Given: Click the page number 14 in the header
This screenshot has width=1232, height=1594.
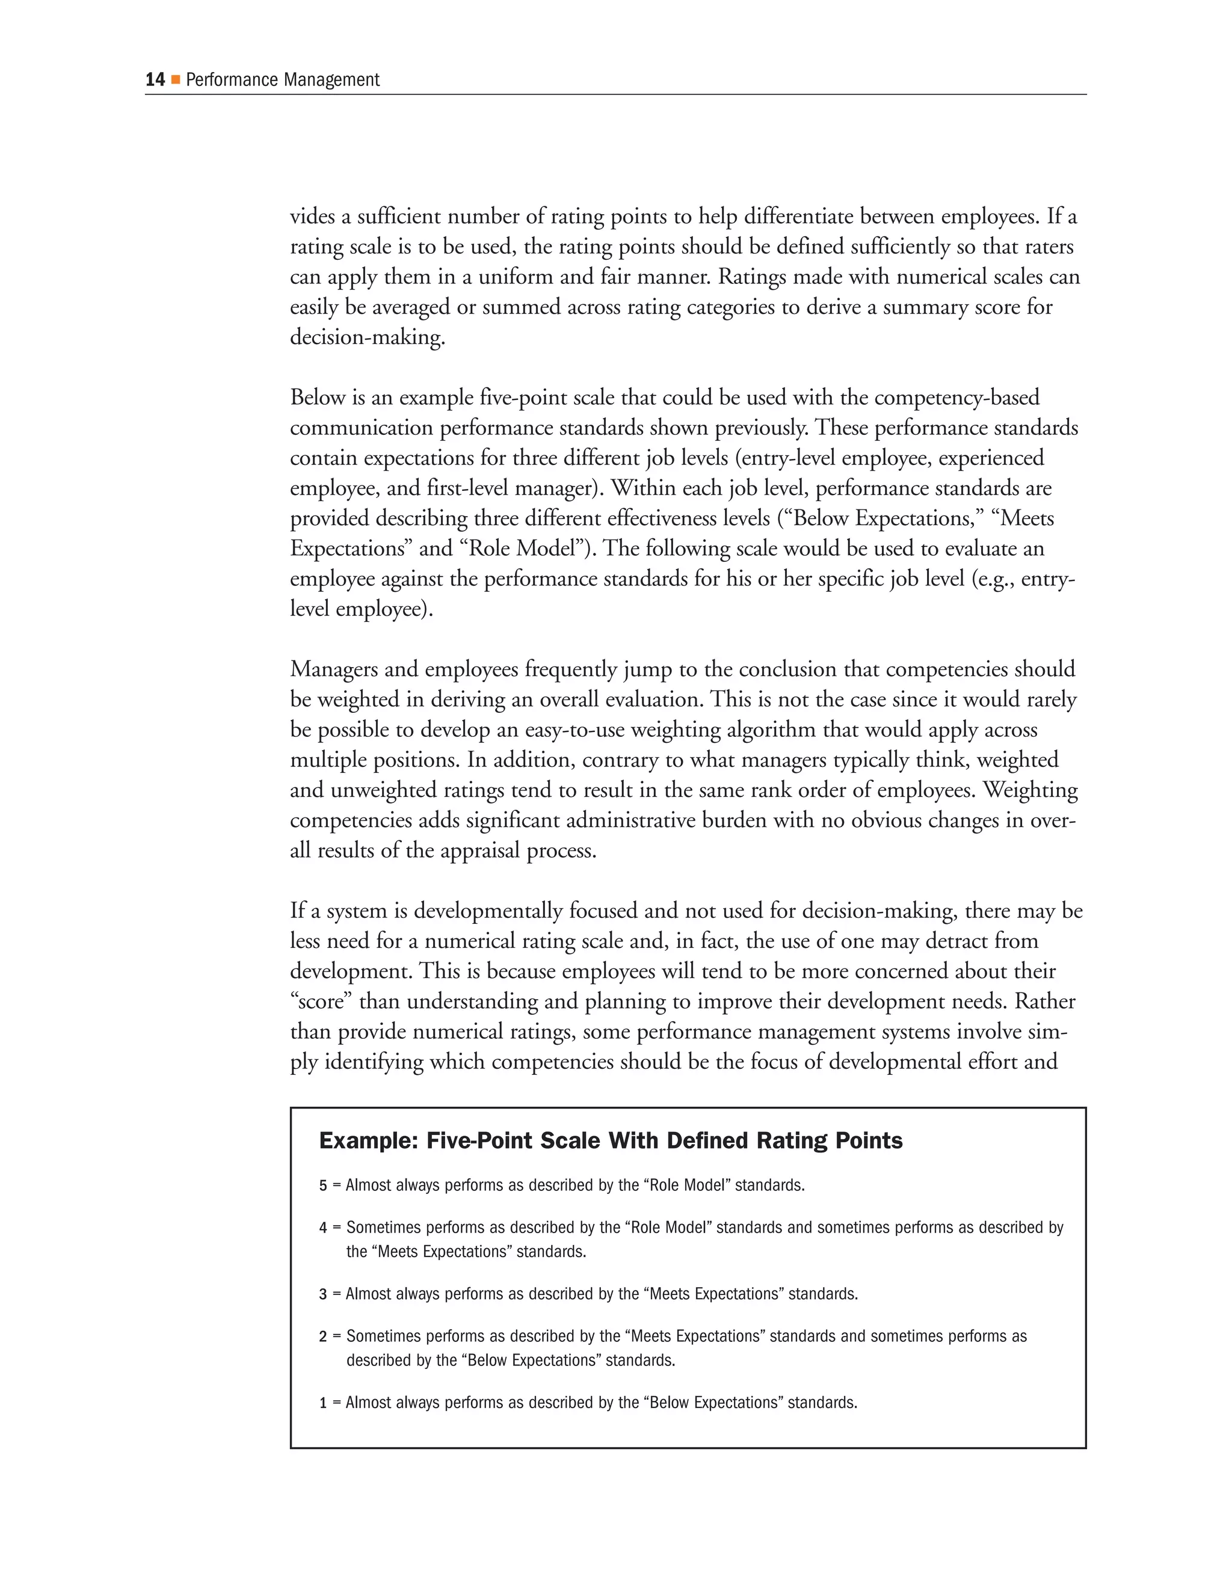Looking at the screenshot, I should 155,79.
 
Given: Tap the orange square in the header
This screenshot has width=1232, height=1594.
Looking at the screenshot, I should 175,79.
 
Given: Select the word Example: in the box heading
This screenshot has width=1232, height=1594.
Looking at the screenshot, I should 368,1140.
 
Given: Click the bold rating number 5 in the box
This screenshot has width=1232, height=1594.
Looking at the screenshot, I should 322,1186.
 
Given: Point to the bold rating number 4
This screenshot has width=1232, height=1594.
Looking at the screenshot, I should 322,1228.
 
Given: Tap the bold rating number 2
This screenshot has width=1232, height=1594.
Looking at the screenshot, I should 322,1337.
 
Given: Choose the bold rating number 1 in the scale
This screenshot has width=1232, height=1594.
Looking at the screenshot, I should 322,1403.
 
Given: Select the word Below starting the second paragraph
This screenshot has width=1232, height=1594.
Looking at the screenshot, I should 319,398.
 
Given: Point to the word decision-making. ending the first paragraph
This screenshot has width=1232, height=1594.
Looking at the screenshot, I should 367,337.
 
